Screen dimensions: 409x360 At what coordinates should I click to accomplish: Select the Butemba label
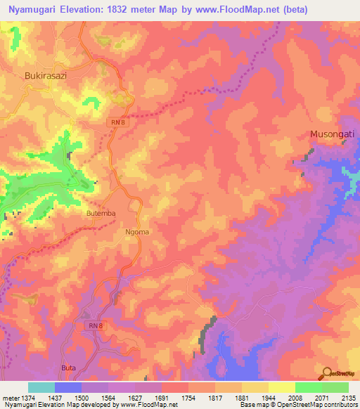click(101, 212)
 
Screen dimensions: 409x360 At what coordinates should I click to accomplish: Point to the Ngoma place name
click(137, 231)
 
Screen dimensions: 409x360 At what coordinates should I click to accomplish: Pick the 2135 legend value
click(347, 398)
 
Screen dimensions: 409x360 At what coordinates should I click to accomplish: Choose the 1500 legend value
click(81, 398)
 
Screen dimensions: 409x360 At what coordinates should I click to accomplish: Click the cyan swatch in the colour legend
click(41, 387)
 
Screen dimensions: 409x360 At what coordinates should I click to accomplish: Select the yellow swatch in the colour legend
click(281, 387)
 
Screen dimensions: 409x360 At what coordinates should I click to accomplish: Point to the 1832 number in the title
click(129, 8)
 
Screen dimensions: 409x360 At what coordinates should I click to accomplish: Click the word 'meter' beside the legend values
click(10, 398)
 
